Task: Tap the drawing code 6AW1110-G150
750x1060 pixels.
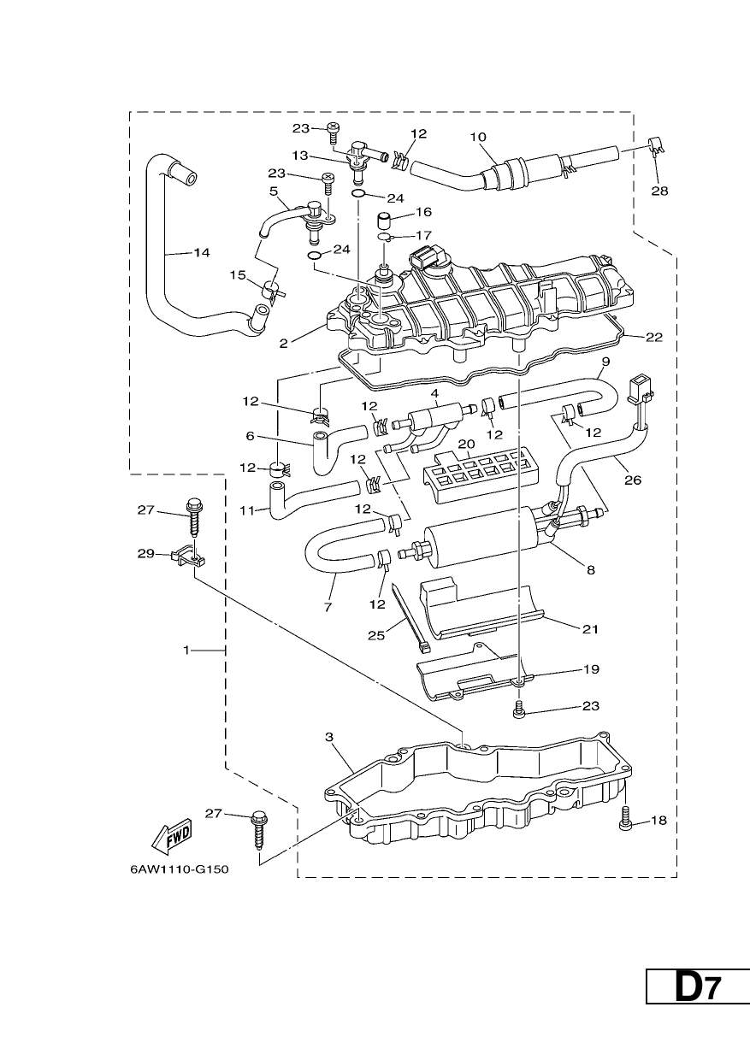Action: [180, 869]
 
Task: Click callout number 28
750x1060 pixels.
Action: [659, 191]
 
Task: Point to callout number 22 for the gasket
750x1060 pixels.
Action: [654, 338]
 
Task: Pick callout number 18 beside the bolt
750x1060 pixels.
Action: [658, 820]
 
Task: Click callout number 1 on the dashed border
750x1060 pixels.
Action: [186, 651]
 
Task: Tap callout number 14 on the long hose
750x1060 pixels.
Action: [202, 253]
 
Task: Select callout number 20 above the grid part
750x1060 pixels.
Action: [466, 444]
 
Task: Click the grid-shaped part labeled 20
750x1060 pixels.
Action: [475, 475]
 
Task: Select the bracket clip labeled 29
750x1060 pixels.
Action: [188, 556]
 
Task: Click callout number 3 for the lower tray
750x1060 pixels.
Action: [329, 736]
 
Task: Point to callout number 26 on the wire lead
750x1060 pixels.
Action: [633, 480]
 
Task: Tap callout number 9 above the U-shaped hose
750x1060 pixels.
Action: [605, 361]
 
